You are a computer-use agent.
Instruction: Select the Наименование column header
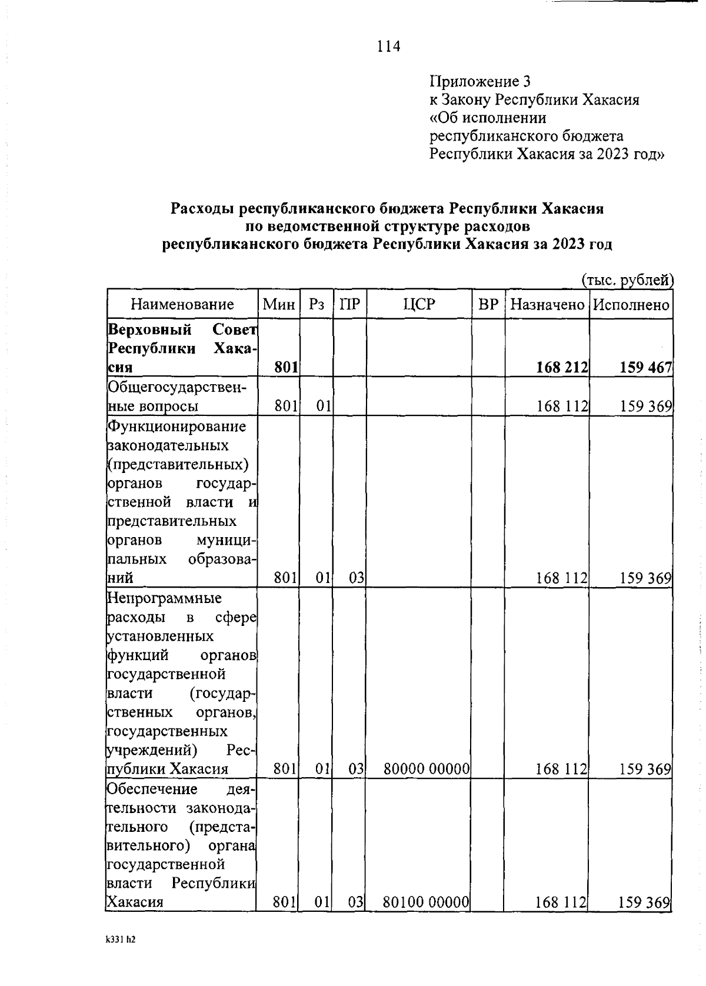click(x=182, y=304)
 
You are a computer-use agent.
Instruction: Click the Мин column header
click(x=278, y=304)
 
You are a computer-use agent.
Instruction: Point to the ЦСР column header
click(x=419, y=304)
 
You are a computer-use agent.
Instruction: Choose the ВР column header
click(x=488, y=304)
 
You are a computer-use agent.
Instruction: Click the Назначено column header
click(x=547, y=304)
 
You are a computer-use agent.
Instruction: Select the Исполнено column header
click(x=631, y=304)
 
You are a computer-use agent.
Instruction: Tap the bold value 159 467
click(x=645, y=368)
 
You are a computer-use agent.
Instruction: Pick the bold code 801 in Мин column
click(x=285, y=368)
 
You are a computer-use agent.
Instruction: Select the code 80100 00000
click(x=426, y=901)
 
